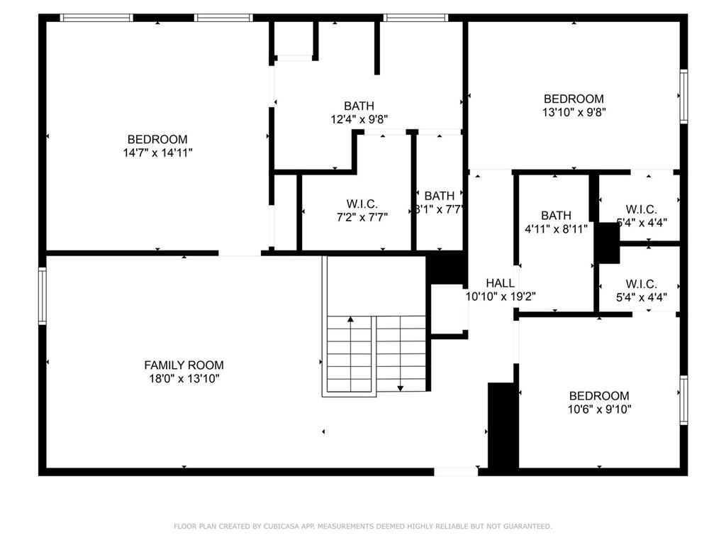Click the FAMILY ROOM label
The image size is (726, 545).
[184, 365]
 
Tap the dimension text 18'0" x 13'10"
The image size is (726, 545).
[184, 378]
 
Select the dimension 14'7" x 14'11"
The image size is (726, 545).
[157, 153]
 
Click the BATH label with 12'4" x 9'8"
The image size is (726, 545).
[359, 106]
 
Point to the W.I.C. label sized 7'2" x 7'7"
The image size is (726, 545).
[357, 204]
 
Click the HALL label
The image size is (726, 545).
[500, 283]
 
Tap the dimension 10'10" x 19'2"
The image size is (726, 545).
[500, 297]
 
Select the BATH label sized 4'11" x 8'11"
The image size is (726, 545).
[555, 215]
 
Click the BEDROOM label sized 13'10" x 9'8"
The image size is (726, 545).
[574, 99]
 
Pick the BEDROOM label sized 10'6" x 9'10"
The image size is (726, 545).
[599, 396]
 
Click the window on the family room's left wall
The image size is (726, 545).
[43, 296]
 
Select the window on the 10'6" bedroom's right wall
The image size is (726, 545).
[683, 400]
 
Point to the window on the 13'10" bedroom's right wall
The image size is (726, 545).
[683, 96]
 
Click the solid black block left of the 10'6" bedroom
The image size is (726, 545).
[503, 426]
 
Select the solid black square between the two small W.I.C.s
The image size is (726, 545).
[606, 243]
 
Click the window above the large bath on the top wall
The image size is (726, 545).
[415, 17]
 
